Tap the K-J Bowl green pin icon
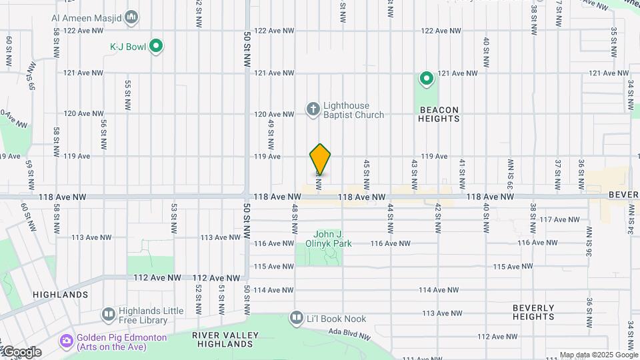(157, 46)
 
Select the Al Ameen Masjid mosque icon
(131, 17)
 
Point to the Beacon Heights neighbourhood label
(439, 114)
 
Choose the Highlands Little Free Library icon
(108, 314)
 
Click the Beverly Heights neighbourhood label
(533, 312)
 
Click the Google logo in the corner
(22, 352)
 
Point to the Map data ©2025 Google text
(598, 355)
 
